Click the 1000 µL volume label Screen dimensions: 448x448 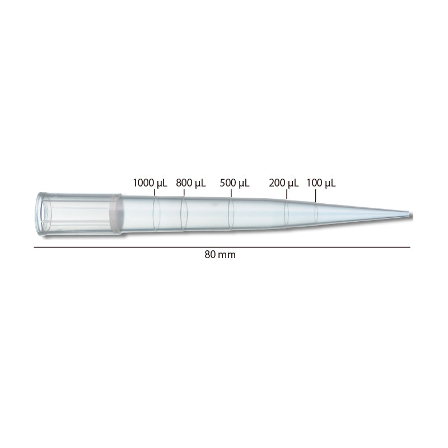(150, 183)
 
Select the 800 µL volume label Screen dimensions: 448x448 (191, 183)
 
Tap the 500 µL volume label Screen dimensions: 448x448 (235, 183)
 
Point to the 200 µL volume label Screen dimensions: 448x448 (284, 183)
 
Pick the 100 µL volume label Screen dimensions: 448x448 (321, 183)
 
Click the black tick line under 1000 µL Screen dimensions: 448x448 (154, 192)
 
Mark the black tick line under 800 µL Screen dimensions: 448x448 (184, 193)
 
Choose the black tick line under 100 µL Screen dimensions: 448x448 (315, 195)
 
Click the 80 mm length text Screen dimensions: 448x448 (220, 254)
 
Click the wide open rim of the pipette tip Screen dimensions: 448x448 (40, 213)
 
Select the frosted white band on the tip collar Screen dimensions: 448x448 (116, 214)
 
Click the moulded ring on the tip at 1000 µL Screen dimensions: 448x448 (156, 214)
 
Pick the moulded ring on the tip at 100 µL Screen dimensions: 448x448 (316, 214)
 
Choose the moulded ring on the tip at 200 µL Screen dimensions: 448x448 (287, 214)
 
